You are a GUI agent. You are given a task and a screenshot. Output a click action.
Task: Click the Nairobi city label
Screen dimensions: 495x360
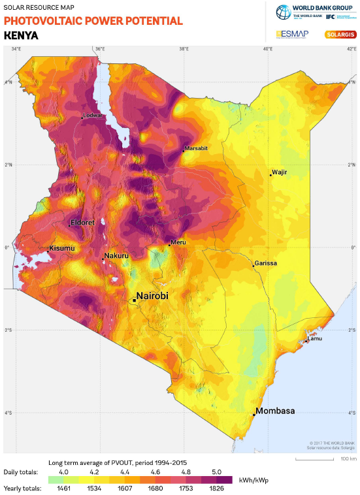point(152,296)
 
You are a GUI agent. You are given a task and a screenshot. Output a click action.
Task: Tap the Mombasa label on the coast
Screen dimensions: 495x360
point(276,411)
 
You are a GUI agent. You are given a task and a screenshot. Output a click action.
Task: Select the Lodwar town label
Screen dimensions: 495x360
point(92,116)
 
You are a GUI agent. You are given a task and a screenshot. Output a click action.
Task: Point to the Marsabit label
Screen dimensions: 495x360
point(196,148)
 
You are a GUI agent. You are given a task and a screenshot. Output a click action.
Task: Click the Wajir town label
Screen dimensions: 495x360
point(280,172)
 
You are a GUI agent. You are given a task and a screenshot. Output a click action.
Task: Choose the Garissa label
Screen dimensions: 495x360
point(266,263)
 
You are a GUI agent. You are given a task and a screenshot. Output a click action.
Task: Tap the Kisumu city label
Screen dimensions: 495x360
point(63,249)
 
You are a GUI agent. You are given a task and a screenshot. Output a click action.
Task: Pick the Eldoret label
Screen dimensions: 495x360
point(82,223)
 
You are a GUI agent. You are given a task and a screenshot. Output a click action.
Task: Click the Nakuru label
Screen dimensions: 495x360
point(116,255)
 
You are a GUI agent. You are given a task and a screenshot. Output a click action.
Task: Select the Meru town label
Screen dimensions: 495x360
point(178,242)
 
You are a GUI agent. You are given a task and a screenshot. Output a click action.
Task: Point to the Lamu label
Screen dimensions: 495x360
point(314,338)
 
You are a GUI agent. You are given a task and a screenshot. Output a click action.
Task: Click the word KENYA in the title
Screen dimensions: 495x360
point(21,35)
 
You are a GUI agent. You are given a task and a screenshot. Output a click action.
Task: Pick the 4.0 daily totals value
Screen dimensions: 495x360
point(64,471)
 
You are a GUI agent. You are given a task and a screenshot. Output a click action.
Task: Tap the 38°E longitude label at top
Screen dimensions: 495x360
point(184,48)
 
